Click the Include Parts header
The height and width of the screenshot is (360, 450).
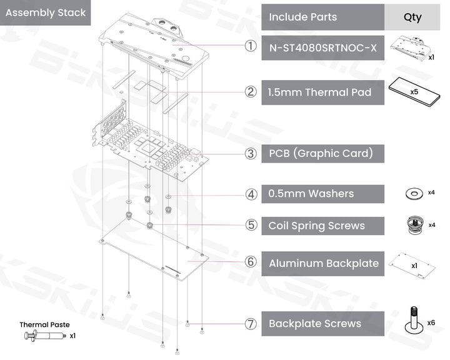click(x=302, y=17)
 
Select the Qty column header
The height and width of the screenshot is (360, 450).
click(x=412, y=17)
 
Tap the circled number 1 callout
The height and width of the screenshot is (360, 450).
click(x=250, y=47)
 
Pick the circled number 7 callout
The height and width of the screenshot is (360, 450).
click(x=251, y=324)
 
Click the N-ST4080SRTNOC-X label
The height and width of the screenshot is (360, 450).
click(x=322, y=47)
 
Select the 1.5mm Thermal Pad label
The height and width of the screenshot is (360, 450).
click(x=319, y=92)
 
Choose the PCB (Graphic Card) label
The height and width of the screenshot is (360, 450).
click(x=321, y=152)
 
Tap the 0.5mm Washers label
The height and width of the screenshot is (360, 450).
click(x=311, y=194)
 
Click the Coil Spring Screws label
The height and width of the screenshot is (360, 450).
click(x=316, y=226)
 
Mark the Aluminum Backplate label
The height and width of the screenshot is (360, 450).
click(x=323, y=263)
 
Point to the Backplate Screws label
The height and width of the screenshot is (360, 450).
click(x=314, y=324)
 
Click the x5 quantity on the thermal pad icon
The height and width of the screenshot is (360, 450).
click(x=414, y=91)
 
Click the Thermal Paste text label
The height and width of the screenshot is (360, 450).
click(x=44, y=324)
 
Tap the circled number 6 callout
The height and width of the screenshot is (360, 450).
click(x=251, y=262)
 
